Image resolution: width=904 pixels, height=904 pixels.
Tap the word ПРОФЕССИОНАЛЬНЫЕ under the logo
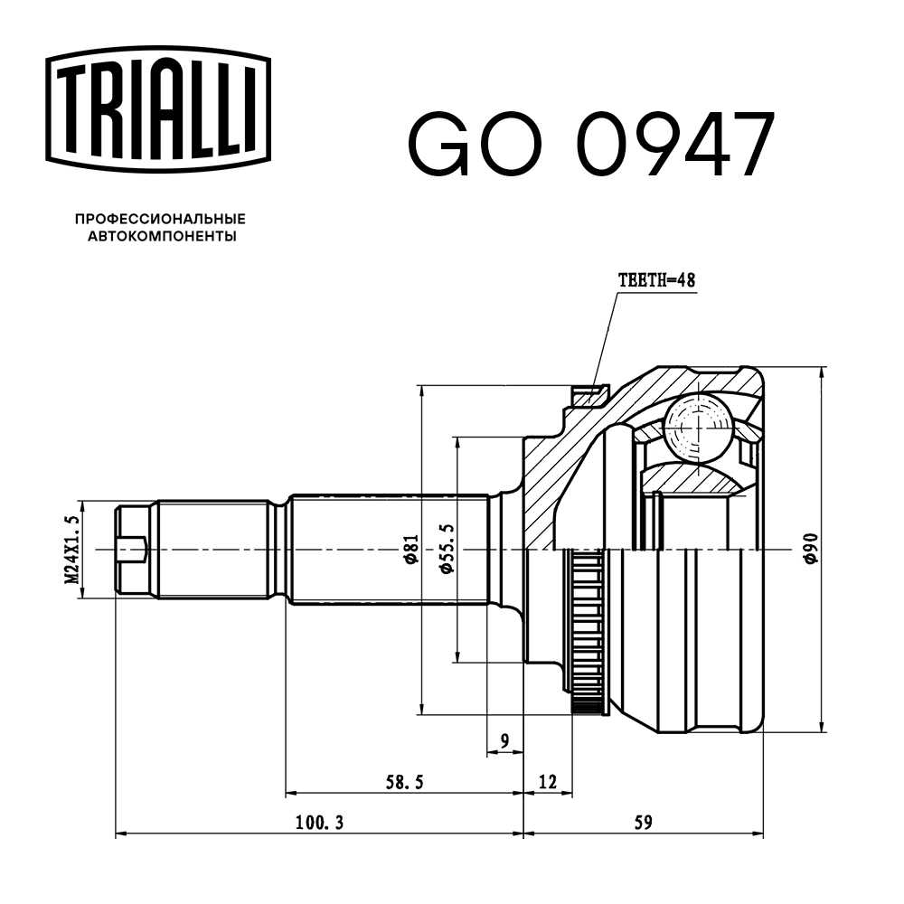(x=160, y=219)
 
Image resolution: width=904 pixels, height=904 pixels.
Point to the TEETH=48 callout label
(x=656, y=281)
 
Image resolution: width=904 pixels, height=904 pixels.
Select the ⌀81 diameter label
(x=410, y=550)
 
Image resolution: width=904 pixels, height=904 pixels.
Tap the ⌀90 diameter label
(x=810, y=550)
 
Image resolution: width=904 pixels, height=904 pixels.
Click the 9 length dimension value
(x=505, y=741)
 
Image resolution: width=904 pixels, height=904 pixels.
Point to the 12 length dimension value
(x=547, y=780)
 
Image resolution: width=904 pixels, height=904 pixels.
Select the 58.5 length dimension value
(x=404, y=781)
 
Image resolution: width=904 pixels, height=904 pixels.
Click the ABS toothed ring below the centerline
(x=588, y=633)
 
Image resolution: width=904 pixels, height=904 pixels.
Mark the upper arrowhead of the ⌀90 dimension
(x=823, y=373)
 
